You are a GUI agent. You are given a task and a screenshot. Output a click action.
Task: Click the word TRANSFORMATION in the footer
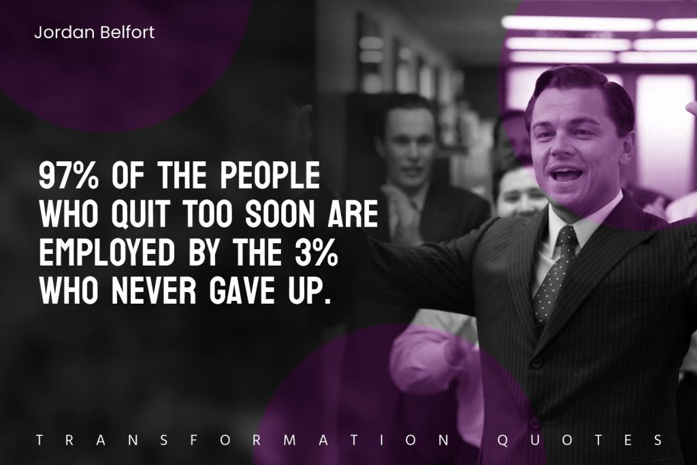point(244,440)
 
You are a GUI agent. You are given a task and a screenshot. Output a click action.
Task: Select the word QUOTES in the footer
point(580,440)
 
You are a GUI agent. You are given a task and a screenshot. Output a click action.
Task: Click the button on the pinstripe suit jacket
point(536,363)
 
